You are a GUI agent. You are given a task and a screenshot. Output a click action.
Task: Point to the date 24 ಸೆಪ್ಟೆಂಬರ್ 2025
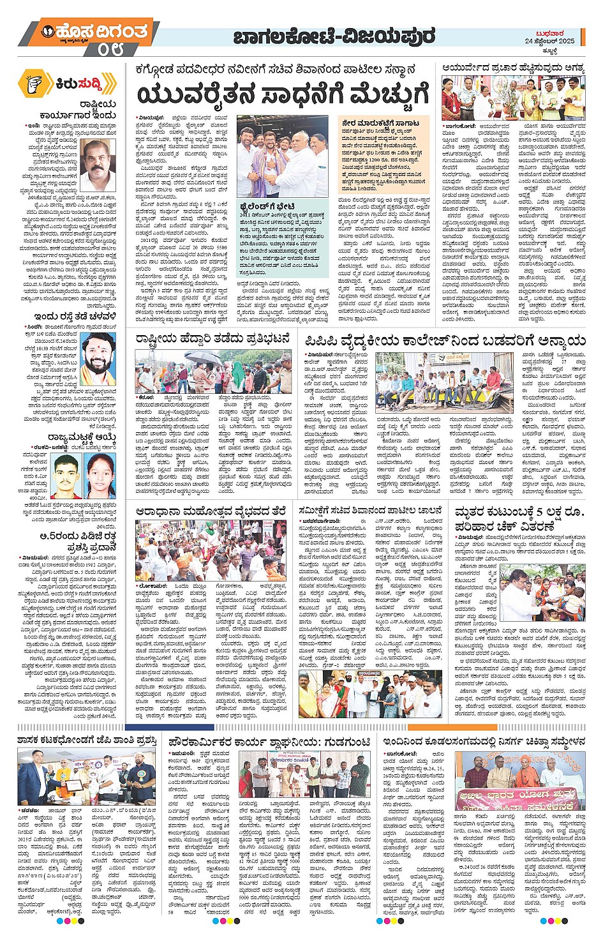pos(549,41)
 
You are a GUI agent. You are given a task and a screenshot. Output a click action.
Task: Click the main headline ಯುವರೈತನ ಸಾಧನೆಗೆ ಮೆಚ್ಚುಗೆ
pos(282,96)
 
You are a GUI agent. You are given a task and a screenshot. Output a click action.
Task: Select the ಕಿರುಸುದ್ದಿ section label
pos(77,84)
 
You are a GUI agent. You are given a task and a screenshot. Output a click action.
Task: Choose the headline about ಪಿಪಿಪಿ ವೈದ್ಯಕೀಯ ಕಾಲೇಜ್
pos(444,340)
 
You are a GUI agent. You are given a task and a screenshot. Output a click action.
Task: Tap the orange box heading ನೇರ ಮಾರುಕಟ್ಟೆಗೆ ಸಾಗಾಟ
pos(380,123)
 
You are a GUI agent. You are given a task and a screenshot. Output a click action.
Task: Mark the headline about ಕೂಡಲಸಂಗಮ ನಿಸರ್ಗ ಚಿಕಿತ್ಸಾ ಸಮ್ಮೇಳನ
pos(484,742)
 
